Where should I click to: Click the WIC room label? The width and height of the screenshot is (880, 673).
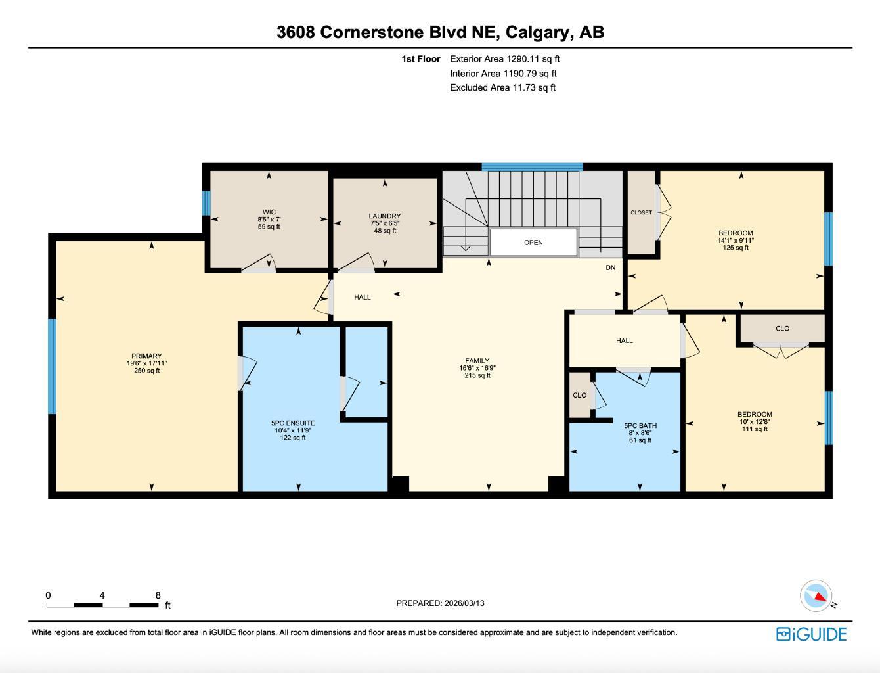(269, 212)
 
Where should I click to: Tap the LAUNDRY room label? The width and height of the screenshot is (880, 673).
(384, 216)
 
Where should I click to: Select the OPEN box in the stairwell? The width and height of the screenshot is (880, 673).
(533, 243)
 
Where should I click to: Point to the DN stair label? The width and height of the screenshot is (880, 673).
(611, 267)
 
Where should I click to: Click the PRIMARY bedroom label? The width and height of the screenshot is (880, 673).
(146, 356)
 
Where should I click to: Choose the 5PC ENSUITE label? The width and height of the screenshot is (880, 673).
(293, 423)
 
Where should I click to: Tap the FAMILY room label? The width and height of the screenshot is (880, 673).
(477, 361)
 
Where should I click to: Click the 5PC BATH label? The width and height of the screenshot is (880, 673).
(640, 425)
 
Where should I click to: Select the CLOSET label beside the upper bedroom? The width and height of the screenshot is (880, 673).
(641, 212)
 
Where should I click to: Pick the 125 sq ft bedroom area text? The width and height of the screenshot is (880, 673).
(736, 248)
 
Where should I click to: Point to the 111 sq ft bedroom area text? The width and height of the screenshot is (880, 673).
(755, 429)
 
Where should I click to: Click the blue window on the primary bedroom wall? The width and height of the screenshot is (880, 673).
(52, 366)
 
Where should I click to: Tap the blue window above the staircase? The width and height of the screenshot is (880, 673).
(532, 167)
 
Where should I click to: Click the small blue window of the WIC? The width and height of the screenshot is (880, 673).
(206, 203)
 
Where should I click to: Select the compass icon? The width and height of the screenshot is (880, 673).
(816, 595)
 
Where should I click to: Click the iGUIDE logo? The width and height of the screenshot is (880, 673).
(811, 634)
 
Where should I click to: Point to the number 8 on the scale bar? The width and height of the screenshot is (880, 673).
(158, 595)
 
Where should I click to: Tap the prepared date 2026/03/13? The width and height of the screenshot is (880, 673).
(464, 603)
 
